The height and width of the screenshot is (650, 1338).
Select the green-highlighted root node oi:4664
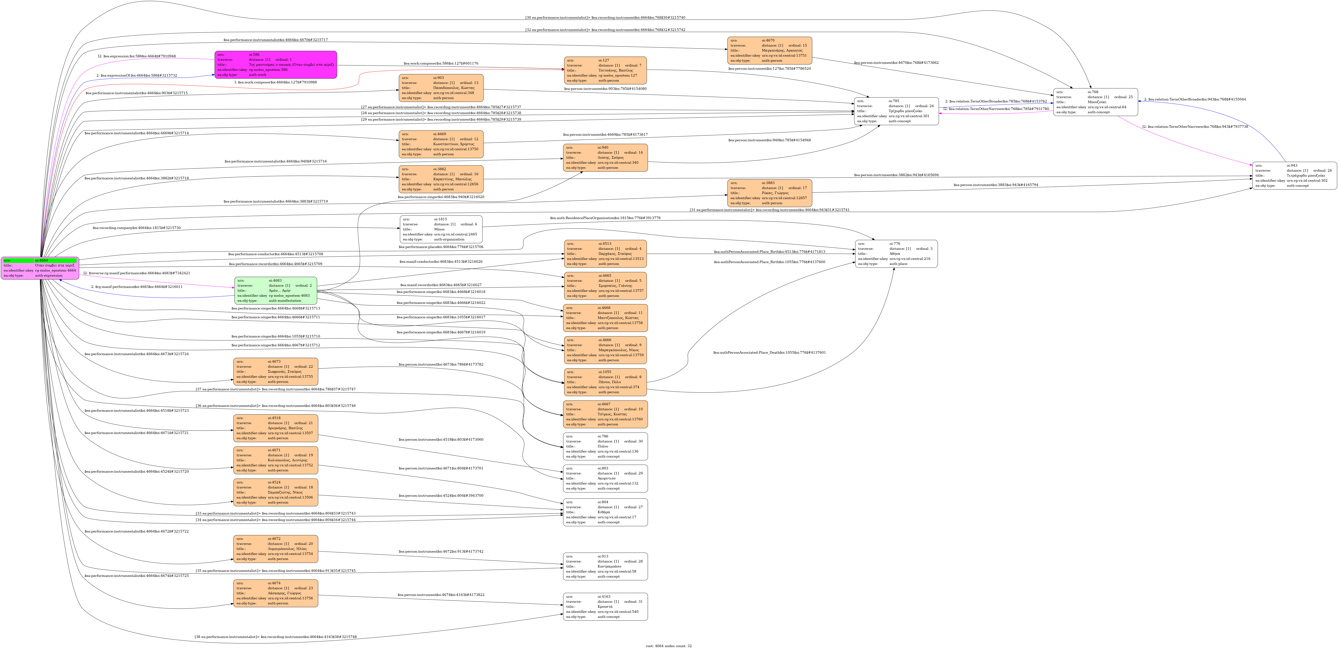[x=40, y=268]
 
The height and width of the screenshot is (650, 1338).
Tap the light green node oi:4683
[x=275, y=290]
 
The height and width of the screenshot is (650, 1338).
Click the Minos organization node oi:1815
[x=441, y=229]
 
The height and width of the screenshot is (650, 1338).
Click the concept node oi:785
[x=896, y=111]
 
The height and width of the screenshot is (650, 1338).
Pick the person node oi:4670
[x=769, y=50]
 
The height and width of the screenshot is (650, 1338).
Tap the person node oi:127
[x=605, y=70]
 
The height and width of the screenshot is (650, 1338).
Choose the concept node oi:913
[x=605, y=566]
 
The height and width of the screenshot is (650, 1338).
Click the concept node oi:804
[x=605, y=512]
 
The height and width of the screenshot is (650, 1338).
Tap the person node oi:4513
[x=605, y=254]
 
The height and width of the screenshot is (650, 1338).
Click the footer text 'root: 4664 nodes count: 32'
[x=668, y=646]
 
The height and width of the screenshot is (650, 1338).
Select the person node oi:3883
[x=769, y=193]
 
